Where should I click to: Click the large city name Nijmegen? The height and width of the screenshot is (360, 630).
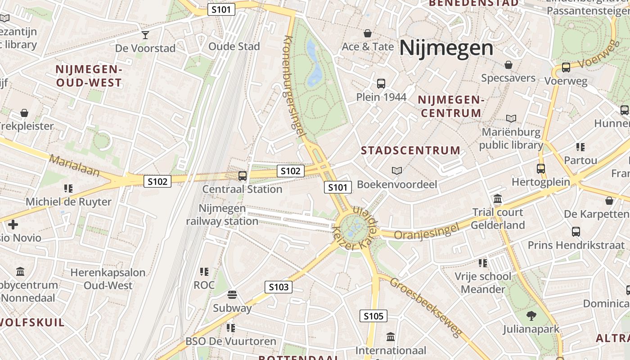(x=446, y=48)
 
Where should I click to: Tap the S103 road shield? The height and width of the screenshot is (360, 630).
(x=279, y=287)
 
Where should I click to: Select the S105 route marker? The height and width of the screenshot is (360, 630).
(x=373, y=316)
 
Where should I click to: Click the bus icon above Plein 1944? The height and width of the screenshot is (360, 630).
(x=381, y=83)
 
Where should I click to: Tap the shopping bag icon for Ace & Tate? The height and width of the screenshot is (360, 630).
(x=368, y=33)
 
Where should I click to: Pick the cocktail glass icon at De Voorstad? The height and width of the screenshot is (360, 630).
(x=145, y=35)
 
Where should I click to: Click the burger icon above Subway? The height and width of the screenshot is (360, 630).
(x=232, y=295)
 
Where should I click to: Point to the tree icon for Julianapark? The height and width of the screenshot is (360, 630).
(x=531, y=316)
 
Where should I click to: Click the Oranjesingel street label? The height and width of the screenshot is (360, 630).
(x=427, y=231)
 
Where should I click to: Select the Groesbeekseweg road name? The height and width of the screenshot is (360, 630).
(x=426, y=307)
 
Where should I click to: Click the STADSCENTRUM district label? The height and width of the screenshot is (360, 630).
(x=411, y=150)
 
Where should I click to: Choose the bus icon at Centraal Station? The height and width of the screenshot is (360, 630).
(x=243, y=175)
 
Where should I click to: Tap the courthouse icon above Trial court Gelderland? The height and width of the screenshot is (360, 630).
(x=498, y=199)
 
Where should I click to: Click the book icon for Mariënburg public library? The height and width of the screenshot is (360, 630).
(x=511, y=118)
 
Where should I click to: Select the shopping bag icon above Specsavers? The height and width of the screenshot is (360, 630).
(x=508, y=65)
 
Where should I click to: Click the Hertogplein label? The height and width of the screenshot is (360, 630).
(x=541, y=182)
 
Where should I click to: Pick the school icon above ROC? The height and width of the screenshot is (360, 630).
(x=204, y=271)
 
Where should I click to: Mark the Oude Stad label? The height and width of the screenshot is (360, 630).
(x=234, y=46)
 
